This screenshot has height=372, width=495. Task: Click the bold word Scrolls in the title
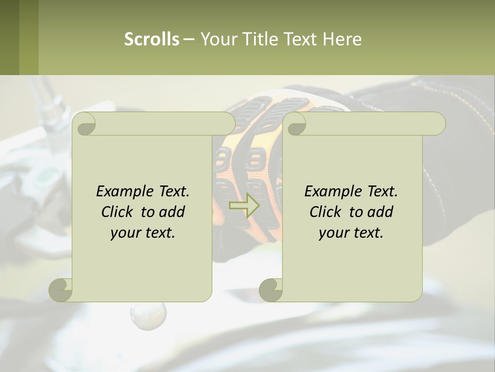[152, 39]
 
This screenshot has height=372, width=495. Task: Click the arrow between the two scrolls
[244, 206]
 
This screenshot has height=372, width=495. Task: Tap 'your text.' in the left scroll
[143, 233]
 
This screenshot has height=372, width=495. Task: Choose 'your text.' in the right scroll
[351, 233]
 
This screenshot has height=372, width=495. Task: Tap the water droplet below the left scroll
[148, 315]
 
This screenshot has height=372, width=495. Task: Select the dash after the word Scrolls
[189, 39]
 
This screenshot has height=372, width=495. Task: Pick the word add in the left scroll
[172, 212]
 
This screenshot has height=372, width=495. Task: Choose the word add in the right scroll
[381, 212]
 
